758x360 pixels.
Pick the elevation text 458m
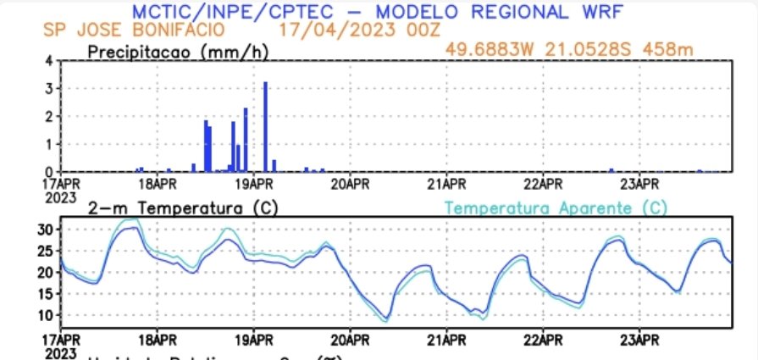coord(669,49)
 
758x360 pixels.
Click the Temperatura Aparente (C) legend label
coord(556,208)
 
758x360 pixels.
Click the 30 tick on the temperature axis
coord(46,230)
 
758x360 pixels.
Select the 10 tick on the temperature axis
coord(46,315)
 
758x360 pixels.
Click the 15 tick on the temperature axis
coord(46,294)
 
